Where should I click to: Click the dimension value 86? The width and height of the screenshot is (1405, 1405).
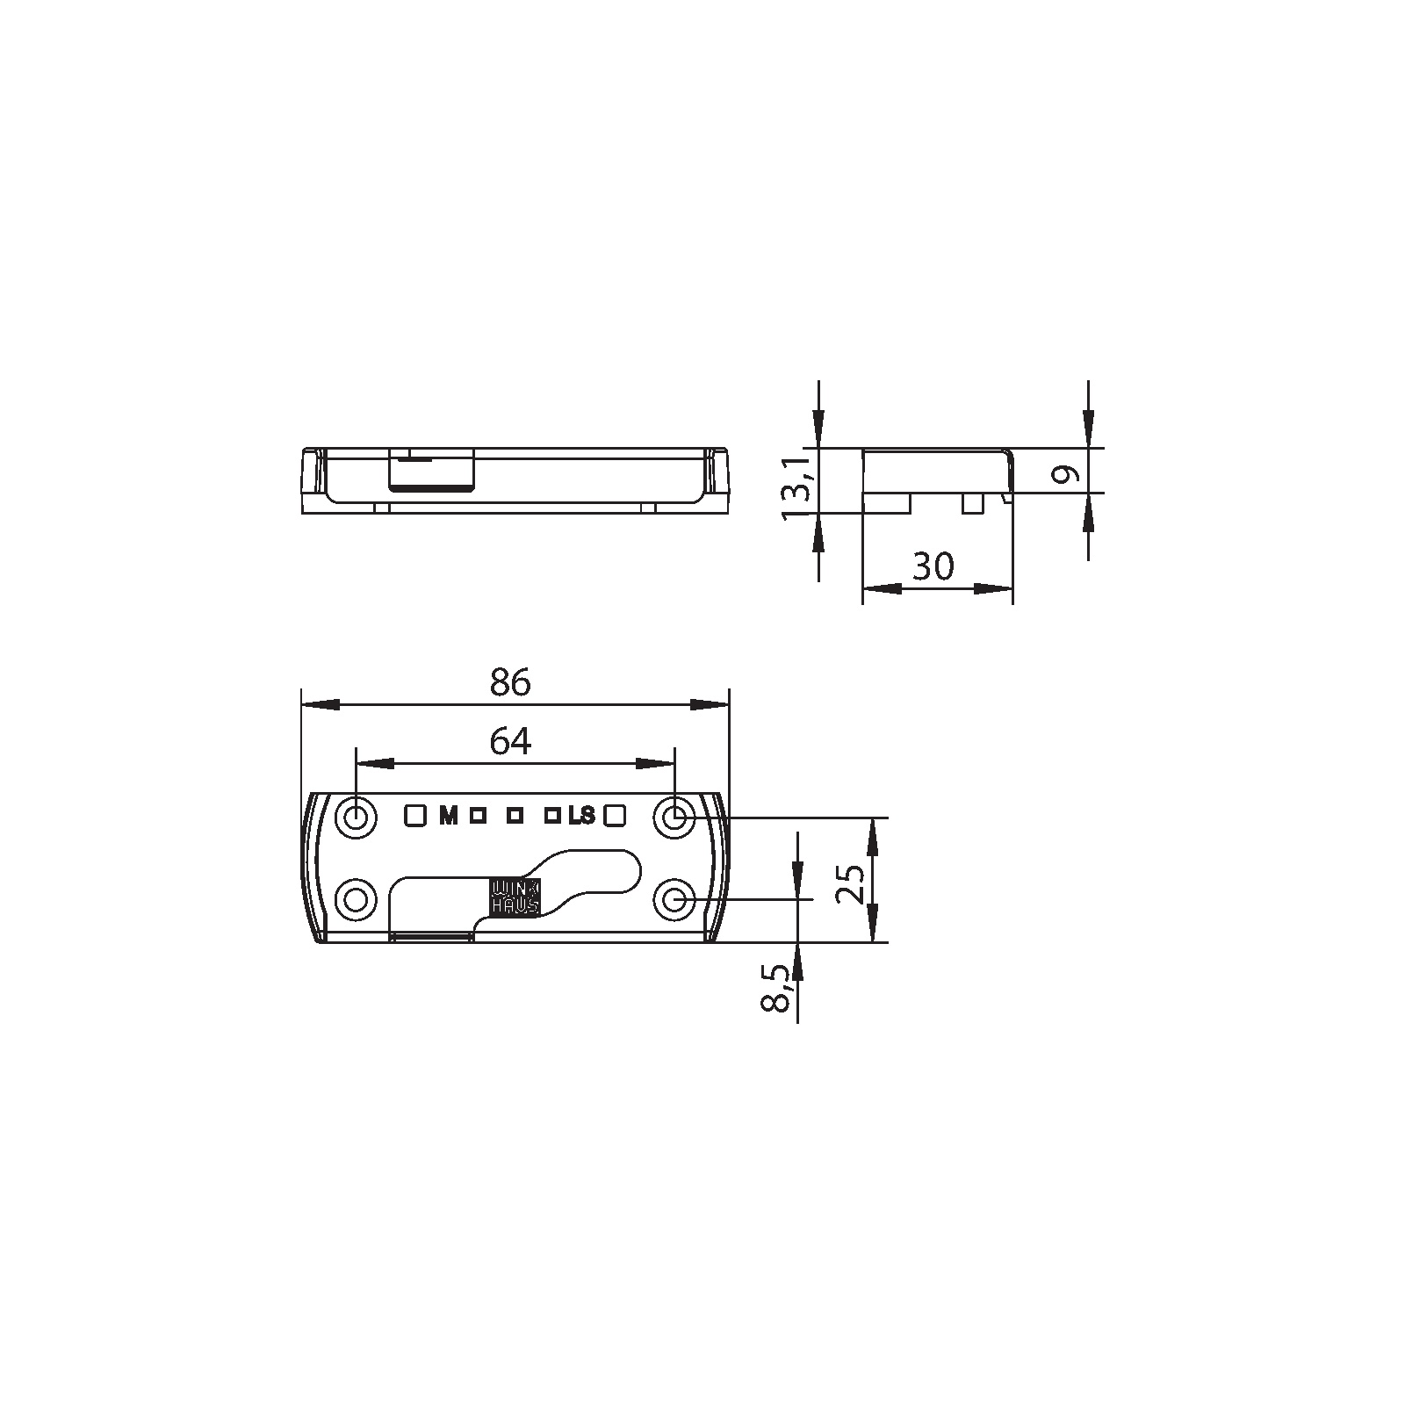coord(511,682)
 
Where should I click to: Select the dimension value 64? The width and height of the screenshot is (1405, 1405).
coord(510,742)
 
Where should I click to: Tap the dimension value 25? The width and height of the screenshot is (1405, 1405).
coord(850,882)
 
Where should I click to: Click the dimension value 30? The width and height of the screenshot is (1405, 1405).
coord(933,566)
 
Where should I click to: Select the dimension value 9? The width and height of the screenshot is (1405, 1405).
coord(1065,475)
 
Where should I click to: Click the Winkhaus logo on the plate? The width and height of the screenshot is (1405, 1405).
coord(515,897)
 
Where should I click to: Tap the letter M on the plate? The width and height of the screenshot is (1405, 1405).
coord(449,817)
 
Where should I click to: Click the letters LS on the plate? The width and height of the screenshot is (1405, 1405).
coord(581,817)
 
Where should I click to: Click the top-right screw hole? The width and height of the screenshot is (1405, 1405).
coord(674,818)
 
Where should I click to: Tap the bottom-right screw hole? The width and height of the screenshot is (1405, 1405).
coord(674,900)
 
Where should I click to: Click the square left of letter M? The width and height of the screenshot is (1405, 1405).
coord(414,816)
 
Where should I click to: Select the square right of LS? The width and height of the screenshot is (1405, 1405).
coord(614,816)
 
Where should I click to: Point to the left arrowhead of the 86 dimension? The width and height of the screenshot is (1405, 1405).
coord(320,704)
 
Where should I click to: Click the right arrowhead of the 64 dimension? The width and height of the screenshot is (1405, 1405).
coord(655,764)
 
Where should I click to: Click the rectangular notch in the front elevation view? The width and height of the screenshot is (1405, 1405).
coord(431,472)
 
